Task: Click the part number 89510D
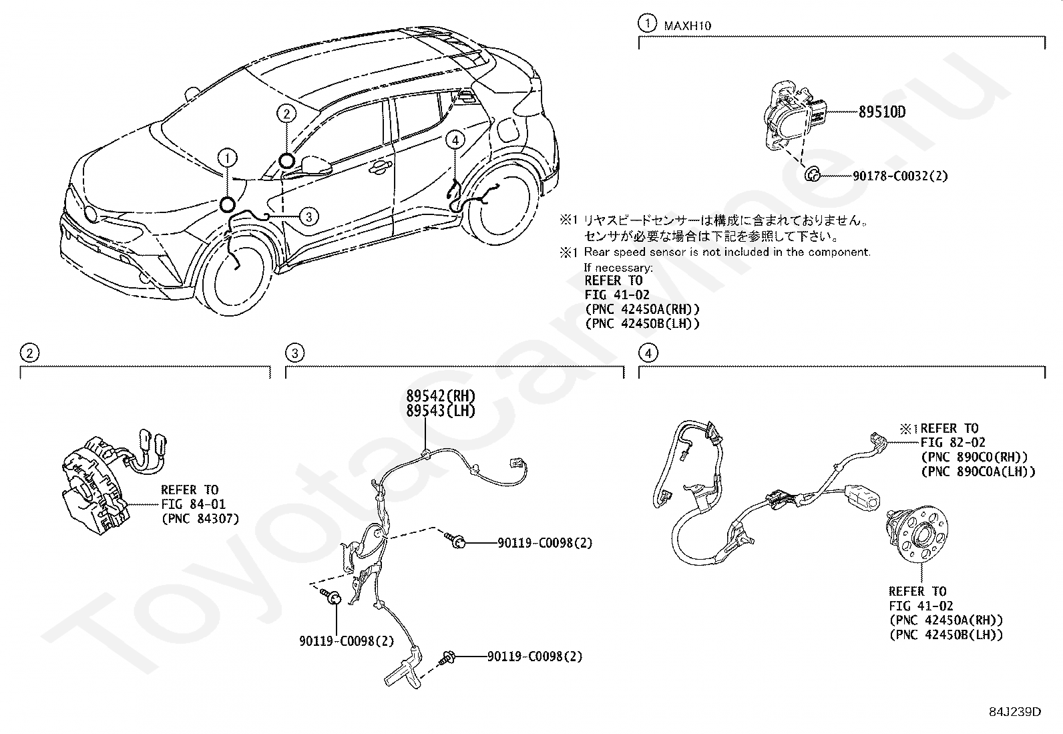coord(881,112)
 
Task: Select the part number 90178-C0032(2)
coord(900,176)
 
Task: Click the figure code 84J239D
coord(1015,711)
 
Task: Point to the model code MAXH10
coord(687,26)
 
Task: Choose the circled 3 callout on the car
coord(308,216)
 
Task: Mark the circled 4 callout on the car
coord(455,140)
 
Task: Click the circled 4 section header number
coord(648,353)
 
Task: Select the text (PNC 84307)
coord(200,518)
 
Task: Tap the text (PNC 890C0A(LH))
coord(978,472)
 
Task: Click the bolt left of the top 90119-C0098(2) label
coord(456,542)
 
